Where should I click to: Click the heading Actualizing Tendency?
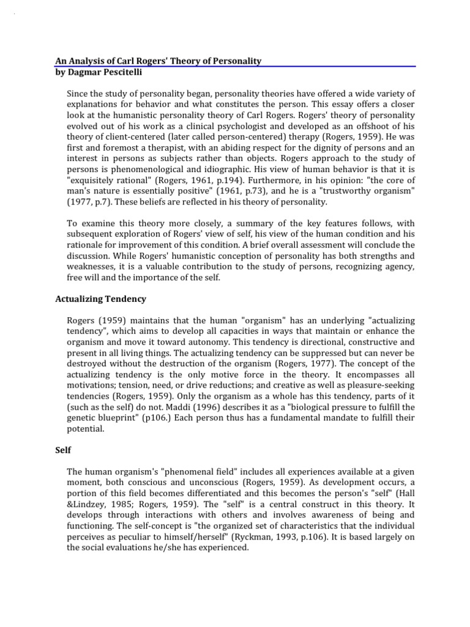pyautogui.click(x=100, y=299)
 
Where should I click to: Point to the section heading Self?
pyautogui.click(x=63, y=450)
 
